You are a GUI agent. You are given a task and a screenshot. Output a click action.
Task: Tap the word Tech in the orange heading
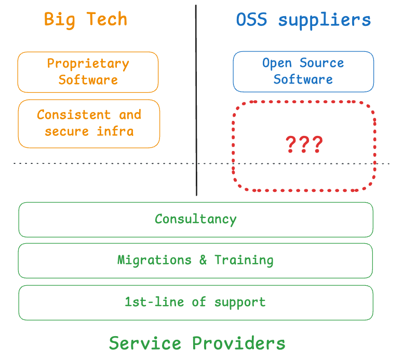click(x=106, y=20)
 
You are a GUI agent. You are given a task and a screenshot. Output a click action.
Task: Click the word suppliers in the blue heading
click(x=325, y=20)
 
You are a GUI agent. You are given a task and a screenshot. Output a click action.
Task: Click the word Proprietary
click(x=88, y=64)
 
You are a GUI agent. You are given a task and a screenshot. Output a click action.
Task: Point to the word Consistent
click(x=74, y=115)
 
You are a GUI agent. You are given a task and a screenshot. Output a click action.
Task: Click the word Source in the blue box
click(x=321, y=63)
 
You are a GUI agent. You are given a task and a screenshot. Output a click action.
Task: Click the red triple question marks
click(x=304, y=144)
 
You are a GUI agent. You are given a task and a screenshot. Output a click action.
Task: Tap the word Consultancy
click(x=195, y=219)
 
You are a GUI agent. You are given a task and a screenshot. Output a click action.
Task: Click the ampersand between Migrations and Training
click(x=203, y=260)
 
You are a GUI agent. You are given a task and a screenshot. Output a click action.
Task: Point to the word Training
click(x=244, y=260)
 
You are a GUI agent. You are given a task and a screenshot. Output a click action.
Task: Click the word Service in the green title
click(x=145, y=343)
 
